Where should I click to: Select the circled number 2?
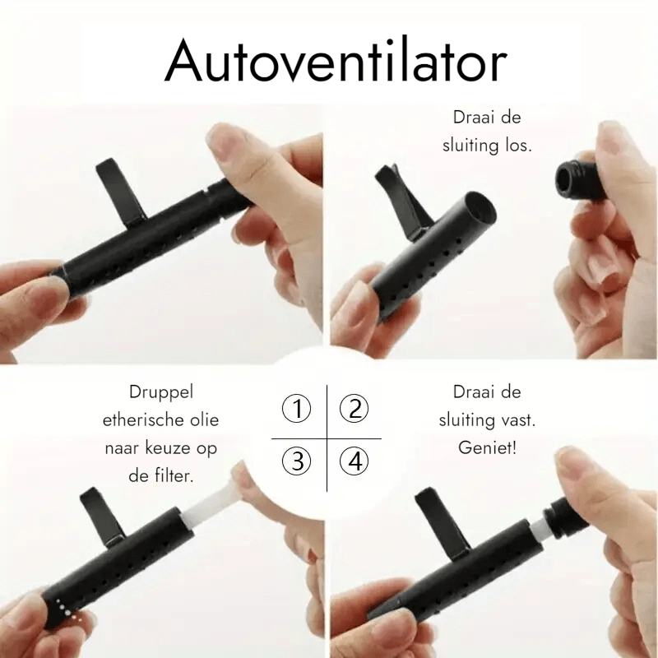pyautogui.click(x=354, y=408)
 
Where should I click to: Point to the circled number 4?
pyautogui.click(x=354, y=462)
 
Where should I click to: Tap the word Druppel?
pyautogui.click(x=161, y=392)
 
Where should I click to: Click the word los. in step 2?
pyautogui.click(x=516, y=146)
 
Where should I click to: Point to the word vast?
pyautogui.click(x=520, y=420)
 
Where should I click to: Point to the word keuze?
pyautogui.click(x=172, y=448)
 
